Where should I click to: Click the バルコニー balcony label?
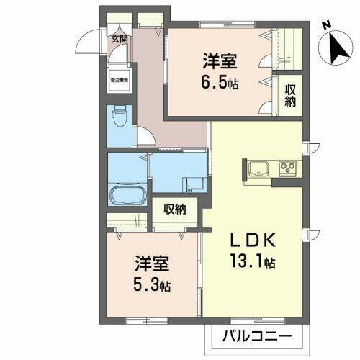pos(256,336)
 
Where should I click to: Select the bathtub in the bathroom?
pos(128,194)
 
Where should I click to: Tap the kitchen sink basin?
pos(258,169)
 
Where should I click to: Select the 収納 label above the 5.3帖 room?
pos(175,210)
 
